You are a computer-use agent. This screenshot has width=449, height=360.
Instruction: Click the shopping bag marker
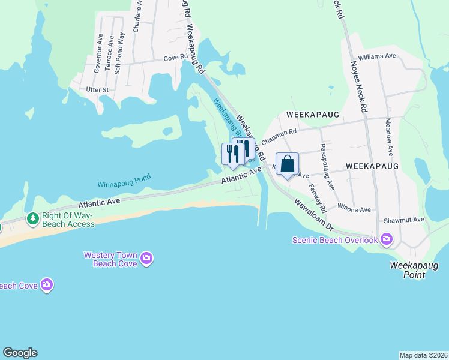tap(288, 164)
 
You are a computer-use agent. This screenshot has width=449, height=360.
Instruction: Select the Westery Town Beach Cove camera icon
tap(146, 259)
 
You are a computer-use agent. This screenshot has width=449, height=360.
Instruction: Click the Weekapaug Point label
tap(415, 269)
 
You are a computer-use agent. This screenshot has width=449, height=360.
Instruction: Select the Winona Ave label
tap(354, 209)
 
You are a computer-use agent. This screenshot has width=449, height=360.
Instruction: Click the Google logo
tap(20, 353)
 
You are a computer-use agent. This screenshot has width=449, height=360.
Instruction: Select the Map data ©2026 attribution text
tap(423, 355)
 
